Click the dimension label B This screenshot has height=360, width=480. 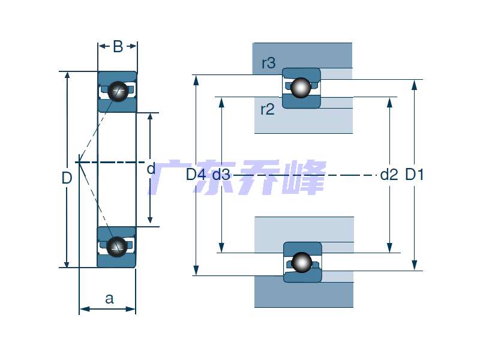pyautogui.click(x=118, y=47)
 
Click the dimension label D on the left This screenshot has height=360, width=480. pyautogui.click(x=67, y=178)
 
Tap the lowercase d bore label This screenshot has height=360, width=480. pyautogui.click(x=151, y=169)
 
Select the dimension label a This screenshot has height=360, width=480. pyautogui.click(x=109, y=299)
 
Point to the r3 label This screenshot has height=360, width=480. pyautogui.click(x=268, y=63)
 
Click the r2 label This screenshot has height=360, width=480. pyautogui.click(x=267, y=109)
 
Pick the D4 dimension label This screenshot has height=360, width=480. pyautogui.click(x=196, y=175)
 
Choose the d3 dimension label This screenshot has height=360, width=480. pyautogui.click(x=221, y=175)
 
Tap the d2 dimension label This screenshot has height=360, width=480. pyautogui.click(x=389, y=175)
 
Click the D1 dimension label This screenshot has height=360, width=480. pyautogui.click(x=415, y=175)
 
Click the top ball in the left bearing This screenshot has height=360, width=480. pyautogui.click(x=118, y=91)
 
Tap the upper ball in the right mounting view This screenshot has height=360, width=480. pyautogui.click(x=301, y=87)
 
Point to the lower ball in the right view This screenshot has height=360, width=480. pyautogui.click(x=302, y=262)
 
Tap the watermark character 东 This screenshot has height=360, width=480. pyautogui.click(x=210, y=178)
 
